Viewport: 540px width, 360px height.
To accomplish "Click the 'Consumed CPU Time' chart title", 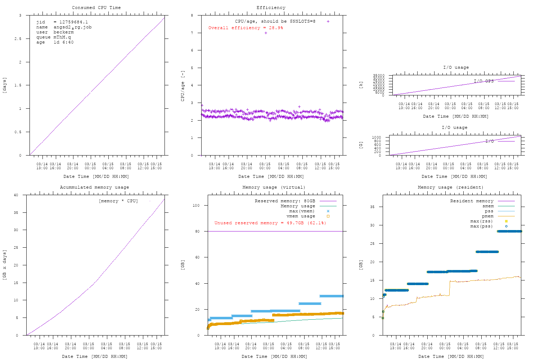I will [96, 8].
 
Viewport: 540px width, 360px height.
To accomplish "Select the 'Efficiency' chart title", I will [271, 8].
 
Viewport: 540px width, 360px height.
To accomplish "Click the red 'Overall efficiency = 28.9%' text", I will [246, 28].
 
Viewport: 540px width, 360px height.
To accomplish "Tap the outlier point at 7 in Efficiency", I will [266, 33].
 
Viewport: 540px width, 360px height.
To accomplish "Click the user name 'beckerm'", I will [63, 32].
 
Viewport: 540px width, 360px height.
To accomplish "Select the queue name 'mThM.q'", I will [62, 37].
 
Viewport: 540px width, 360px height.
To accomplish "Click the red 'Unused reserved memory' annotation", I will [270, 223].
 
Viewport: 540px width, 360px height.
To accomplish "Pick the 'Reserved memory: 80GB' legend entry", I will [285, 201].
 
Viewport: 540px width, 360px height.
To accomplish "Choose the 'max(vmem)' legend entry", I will [302, 211].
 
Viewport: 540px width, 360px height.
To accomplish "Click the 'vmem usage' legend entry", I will [301, 216].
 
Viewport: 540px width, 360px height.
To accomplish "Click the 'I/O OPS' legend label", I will [483, 81].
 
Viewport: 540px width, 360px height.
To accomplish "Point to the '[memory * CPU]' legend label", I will [118, 201].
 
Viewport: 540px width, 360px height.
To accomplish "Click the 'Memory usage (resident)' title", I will [450, 187].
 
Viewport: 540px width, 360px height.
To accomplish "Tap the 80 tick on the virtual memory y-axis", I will [197, 231].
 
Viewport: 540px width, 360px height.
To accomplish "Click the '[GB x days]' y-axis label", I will [5, 265].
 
